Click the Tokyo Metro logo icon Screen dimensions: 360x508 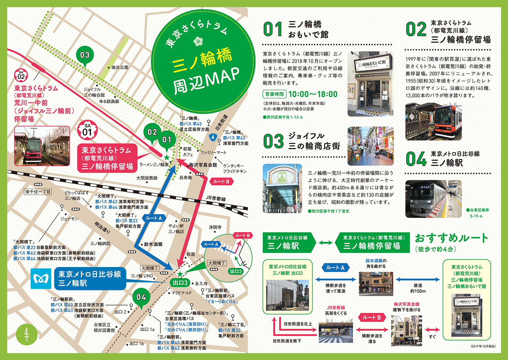[41, 279]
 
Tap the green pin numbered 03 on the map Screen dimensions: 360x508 [85, 55]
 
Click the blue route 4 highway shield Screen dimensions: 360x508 [213, 137]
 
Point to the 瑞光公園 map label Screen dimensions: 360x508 [120, 67]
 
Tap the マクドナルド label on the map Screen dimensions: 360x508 [181, 293]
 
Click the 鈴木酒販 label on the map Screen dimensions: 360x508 [153, 244]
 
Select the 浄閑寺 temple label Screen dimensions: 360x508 [215, 227]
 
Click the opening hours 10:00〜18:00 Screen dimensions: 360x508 [313, 94]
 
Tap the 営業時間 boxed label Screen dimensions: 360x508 [274, 94]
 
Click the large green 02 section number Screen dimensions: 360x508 [416, 29]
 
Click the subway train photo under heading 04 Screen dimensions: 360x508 [433, 199]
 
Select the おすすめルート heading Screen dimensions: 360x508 [451, 238]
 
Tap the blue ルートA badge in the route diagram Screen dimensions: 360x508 [335, 268]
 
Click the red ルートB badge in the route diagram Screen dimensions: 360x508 [372, 317]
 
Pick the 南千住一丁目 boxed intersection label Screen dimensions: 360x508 [38, 192]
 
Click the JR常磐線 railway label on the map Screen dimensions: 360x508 [216, 199]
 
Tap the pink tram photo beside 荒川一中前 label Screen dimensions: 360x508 [42, 146]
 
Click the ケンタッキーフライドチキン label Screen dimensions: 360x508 [235, 168]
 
